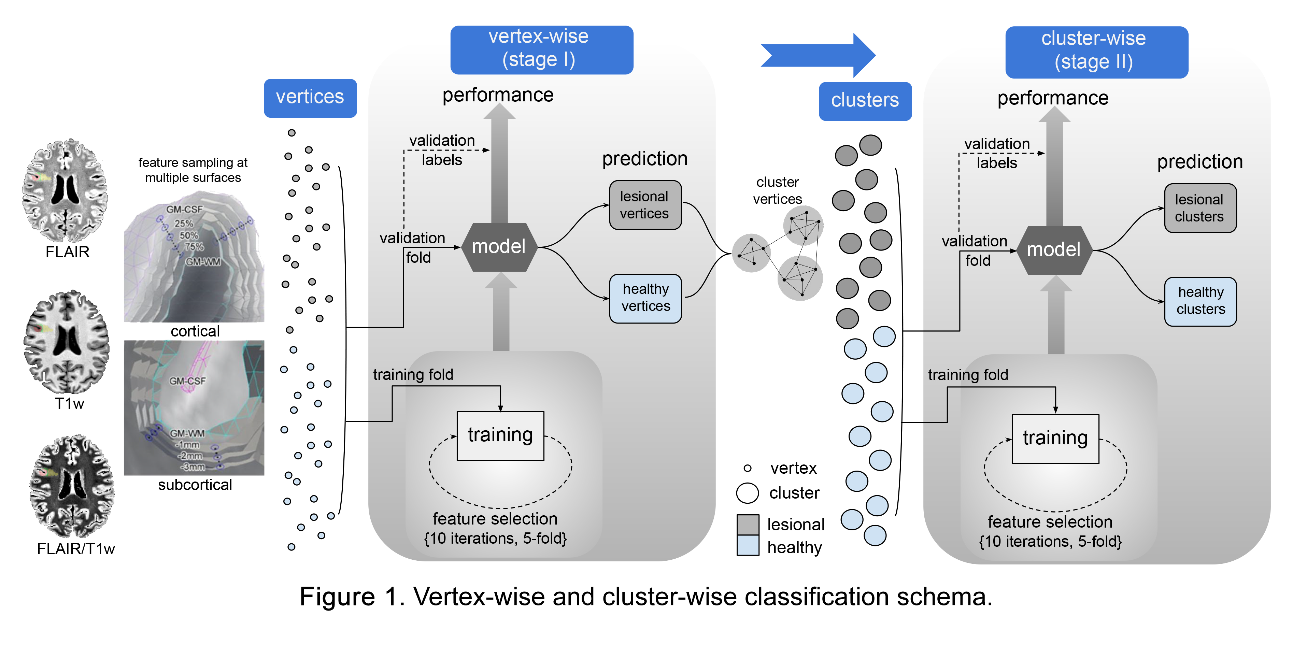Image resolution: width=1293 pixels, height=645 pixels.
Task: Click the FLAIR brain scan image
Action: click(x=65, y=191)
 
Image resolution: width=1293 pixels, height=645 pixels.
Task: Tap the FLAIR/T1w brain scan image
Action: click(x=72, y=486)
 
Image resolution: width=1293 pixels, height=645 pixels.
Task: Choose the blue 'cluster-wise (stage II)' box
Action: click(x=1096, y=52)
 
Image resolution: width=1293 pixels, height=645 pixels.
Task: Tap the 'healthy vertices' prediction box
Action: click(x=645, y=298)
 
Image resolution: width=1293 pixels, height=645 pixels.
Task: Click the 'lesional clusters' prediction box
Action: click(x=1199, y=208)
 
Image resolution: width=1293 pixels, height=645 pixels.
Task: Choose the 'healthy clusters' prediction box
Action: click(x=1200, y=301)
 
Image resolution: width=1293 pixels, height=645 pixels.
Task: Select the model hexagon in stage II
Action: click(x=1054, y=250)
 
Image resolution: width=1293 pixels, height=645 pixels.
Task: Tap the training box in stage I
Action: click(x=500, y=435)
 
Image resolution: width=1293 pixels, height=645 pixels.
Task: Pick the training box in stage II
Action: click(x=1055, y=438)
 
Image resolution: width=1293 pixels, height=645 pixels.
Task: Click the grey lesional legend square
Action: click(x=748, y=525)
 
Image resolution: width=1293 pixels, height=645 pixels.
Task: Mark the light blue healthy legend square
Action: click(x=748, y=546)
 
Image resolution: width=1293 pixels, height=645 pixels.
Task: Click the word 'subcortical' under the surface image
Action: click(x=195, y=485)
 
